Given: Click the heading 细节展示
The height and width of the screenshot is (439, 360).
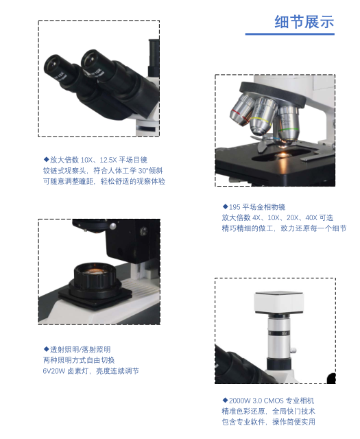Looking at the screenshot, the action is pos(304,22).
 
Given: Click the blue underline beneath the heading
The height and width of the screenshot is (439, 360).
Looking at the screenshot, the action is pos(290,34).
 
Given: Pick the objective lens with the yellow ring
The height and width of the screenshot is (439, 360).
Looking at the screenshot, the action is pos(262,116).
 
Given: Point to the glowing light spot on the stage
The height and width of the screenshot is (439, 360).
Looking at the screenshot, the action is pos(283,154).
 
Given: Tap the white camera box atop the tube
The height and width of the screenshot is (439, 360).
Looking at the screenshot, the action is pos(279,302).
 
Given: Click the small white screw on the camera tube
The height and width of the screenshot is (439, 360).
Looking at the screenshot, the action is pos(293,350).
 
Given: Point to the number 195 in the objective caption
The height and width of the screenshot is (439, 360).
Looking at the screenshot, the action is pos(235,207).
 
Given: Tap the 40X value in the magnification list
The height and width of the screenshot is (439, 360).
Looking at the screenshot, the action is pos(311,218).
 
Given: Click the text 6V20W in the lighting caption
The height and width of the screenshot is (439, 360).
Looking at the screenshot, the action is pos(53,371).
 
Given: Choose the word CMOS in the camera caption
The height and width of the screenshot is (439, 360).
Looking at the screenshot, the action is pos(274,401).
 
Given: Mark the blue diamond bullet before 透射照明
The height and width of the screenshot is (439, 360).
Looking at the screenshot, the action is pos(46,349).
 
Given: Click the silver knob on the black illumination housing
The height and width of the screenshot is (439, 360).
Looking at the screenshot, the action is pos(112,226).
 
